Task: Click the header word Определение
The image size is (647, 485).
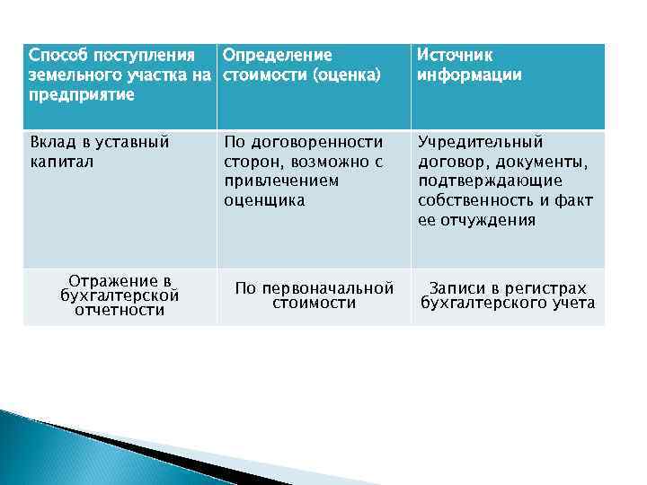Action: pos(278,56)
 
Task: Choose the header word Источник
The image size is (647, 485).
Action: pos(455,56)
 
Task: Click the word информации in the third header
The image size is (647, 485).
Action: pos(469,75)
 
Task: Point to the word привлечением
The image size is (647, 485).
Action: pos(281,181)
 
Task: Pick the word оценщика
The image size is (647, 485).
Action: pos(264,201)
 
